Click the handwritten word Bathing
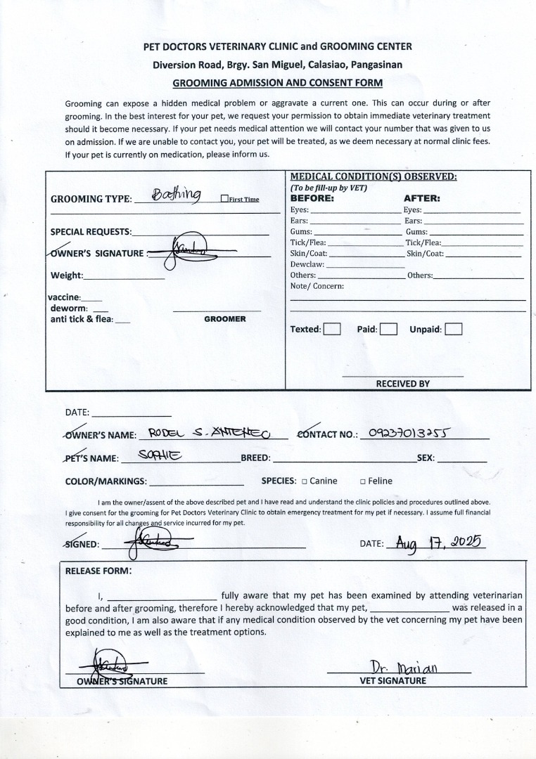[x=177, y=195]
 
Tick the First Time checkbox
[x=224, y=199]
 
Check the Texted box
[x=332, y=329]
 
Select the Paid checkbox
[x=388, y=329]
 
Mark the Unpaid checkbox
[x=454, y=329]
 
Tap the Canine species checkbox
[x=304, y=481]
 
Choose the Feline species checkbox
[x=362, y=481]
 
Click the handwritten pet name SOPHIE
[x=160, y=456]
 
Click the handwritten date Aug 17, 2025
[x=437, y=543]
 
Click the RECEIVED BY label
[x=402, y=384]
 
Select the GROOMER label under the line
[x=225, y=319]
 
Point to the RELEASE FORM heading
[x=98, y=571]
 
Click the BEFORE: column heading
[x=312, y=198]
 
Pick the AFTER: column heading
[x=421, y=198]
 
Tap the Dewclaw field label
[x=307, y=264]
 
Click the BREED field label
[x=255, y=458]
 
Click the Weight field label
[x=67, y=275]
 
